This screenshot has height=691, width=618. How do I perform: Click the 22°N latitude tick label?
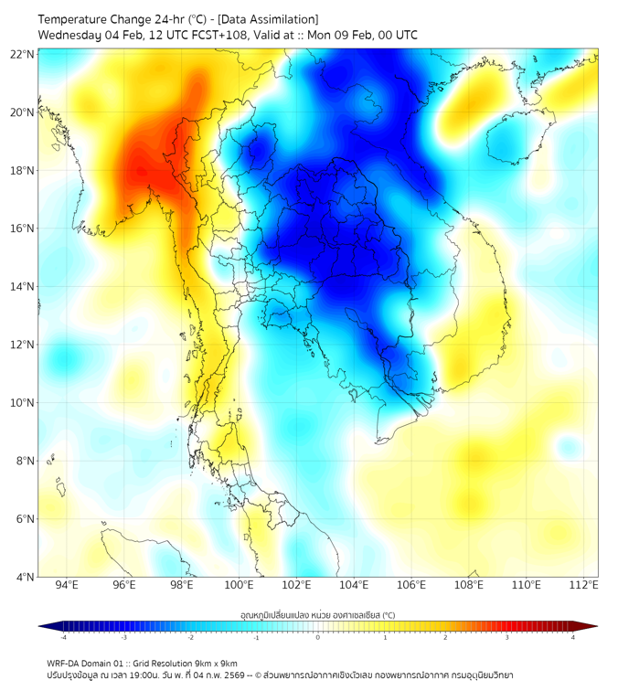point(23,54)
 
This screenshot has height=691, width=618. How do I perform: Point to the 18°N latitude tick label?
point(23,170)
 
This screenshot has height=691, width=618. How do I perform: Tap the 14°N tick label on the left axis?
point(23,286)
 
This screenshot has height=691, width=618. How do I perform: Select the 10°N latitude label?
point(23,402)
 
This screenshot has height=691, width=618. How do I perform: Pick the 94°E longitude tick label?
point(67,585)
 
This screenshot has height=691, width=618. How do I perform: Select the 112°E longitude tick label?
point(583,585)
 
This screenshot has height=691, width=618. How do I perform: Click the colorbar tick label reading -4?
point(62,637)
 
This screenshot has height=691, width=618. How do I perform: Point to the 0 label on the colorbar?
point(318,637)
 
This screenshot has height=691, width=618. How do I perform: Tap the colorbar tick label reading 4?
point(573,637)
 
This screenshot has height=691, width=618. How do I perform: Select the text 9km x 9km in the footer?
point(215,663)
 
